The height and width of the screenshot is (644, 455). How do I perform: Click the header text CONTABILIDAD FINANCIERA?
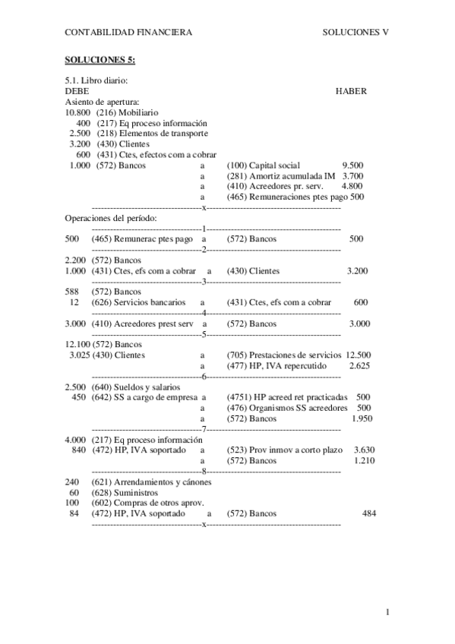pos(128,32)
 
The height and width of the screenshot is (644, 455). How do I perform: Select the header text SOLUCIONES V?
pos(355,32)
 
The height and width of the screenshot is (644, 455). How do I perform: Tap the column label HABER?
pos(351,91)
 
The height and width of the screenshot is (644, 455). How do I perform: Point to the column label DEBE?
pos(77,91)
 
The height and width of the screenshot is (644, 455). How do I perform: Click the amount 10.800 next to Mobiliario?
pos(78,112)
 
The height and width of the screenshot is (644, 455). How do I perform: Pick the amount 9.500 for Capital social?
pos(352,165)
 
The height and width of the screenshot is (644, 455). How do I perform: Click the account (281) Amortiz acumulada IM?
pos(270,175)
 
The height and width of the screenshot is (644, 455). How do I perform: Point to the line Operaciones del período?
pos(111,218)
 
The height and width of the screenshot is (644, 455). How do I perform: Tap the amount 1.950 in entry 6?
pos(363,418)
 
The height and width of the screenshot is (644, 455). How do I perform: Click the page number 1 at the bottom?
pos(387,612)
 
